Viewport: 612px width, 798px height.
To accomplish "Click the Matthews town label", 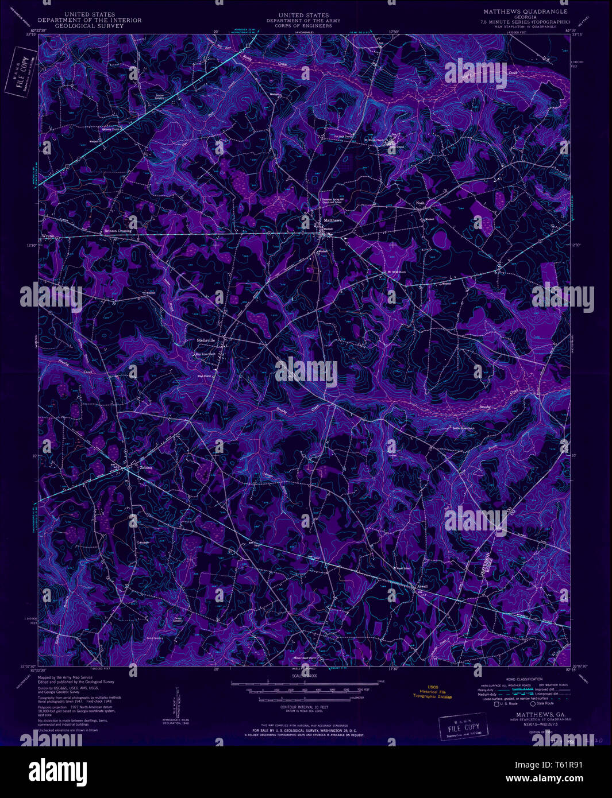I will [333, 220].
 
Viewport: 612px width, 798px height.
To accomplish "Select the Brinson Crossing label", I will [117, 231].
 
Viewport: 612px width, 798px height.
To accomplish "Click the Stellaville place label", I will [206, 340].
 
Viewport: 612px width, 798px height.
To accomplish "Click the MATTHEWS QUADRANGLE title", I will [525, 11].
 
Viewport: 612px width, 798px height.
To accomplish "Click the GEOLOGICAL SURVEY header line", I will [89, 26].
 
